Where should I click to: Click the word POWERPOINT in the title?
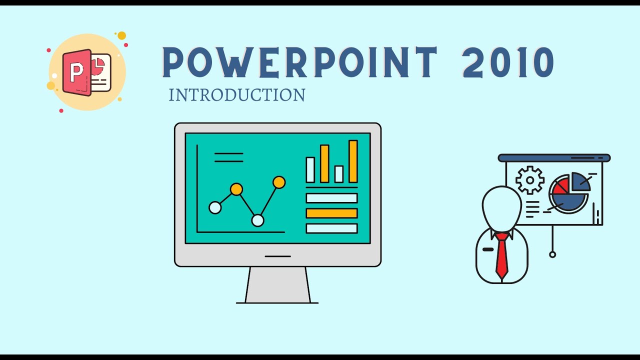tap(300, 62)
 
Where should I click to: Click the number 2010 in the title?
tap(508, 62)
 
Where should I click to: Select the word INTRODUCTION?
tap(237, 95)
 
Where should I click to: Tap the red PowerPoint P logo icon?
tap(76, 73)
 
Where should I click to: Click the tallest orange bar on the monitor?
tap(353, 161)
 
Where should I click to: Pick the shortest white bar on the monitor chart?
tap(339, 174)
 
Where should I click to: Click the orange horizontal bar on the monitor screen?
tap(331, 213)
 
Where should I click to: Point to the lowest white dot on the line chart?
tap(257, 220)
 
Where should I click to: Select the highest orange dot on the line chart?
tap(279, 182)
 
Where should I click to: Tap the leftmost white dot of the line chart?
tap(215, 207)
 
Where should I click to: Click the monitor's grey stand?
tap(277, 285)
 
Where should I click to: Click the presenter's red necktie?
tap(501, 255)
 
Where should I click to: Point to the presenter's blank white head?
tap(501, 208)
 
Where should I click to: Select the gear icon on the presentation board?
tap(529, 180)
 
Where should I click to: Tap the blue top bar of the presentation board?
tap(554, 158)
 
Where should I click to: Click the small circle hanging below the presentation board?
tap(552, 254)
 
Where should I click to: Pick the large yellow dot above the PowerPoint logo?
tap(121, 35)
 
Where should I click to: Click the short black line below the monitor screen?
tap(277, 256)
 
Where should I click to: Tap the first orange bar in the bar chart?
tap(324, 163)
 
